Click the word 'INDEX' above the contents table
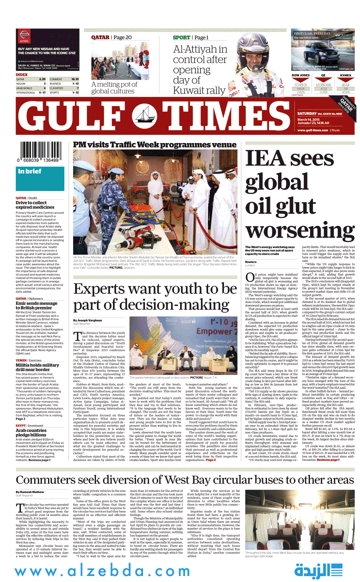coord(22,74)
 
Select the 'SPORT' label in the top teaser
coord(181,37)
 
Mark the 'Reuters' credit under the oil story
coord(250,262)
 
